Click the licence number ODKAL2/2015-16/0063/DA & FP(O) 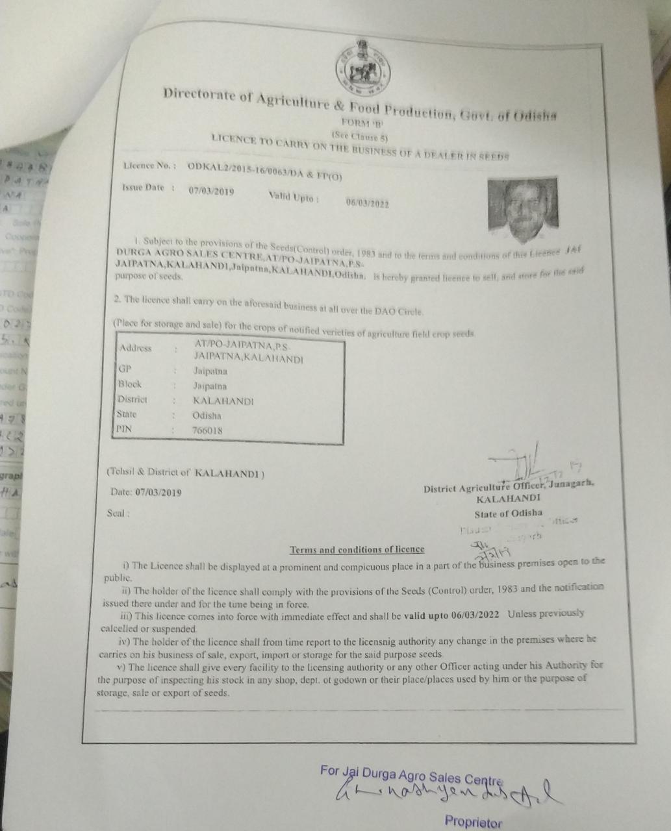[264, 169]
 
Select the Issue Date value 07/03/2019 [211, 192]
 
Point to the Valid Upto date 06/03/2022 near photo [367, 203]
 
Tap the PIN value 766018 [207, 430]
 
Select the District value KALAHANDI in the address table [223, 401]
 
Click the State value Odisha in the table [207, 415]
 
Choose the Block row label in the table [129, 384]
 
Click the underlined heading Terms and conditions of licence [357, 550]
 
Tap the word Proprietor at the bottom [474, 821]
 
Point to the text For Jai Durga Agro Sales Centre [412, 775]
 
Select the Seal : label [118, 513]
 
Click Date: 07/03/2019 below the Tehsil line [146, 493]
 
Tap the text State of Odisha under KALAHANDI [508, 514]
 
